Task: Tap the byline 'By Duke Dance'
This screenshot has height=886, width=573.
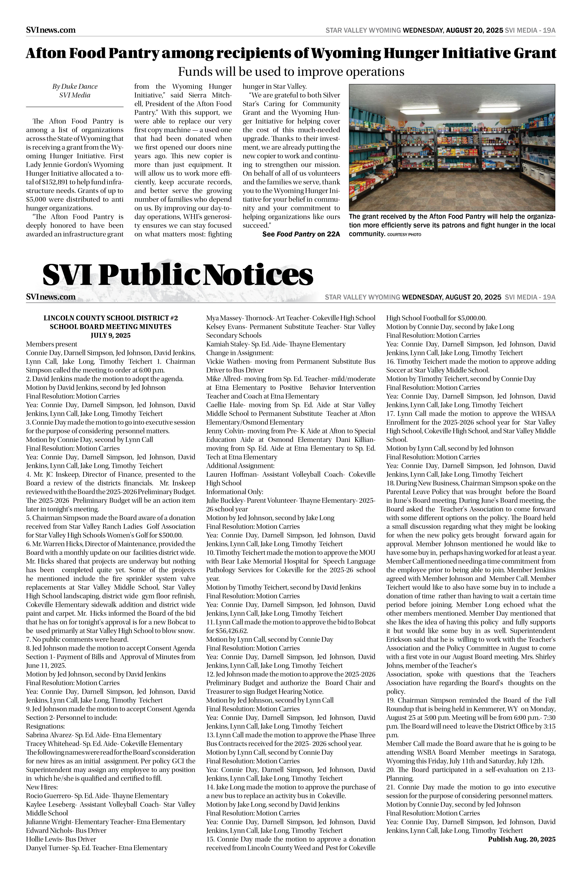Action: tap(74, 86)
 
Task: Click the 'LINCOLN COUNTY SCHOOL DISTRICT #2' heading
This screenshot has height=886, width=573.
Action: tap(110, 318)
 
